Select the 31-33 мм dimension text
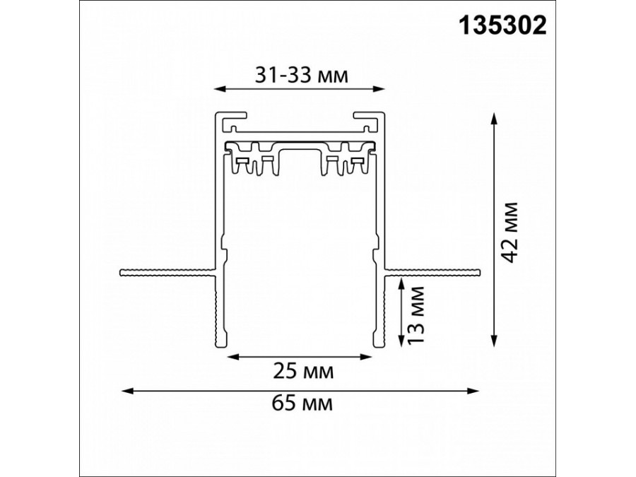tap(301, 75)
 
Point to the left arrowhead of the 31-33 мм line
tap(218, 90)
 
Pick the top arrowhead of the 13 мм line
tap(401, 281)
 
